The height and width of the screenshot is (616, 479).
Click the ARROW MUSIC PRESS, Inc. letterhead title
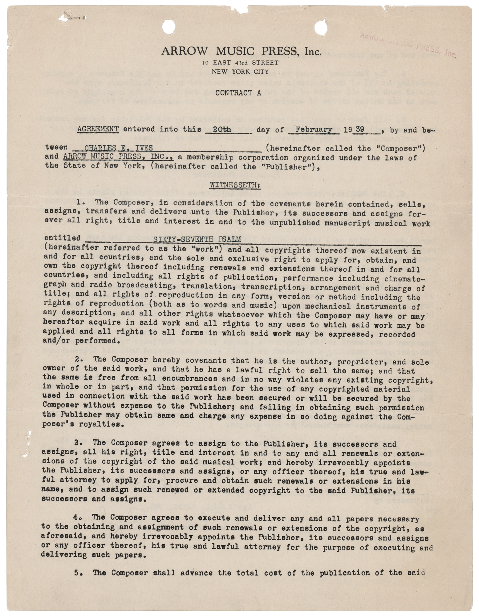[241, 51]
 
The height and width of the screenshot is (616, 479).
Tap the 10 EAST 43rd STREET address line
[241, 63]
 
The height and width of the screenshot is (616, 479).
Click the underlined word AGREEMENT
[98, 129]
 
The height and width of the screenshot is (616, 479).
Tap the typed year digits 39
[361, 129]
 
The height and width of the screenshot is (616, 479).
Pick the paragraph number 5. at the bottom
[78, 573]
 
